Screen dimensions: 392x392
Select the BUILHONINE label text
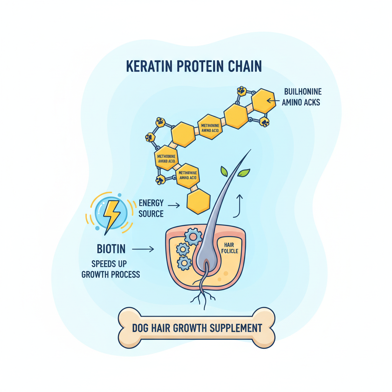coord(303,92)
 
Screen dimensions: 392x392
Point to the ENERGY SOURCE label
coord(151,208)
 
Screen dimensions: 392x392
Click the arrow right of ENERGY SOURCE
coord(174,206)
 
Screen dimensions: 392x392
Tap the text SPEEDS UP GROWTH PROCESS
coord(111,269)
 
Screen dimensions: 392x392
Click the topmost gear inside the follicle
coord(193,237)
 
